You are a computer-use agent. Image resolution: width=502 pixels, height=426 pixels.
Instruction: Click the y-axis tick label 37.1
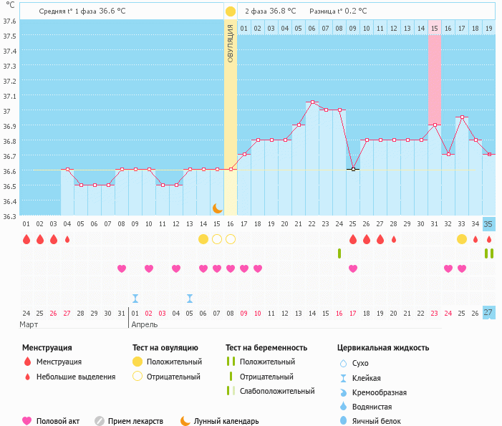tap(10, 96)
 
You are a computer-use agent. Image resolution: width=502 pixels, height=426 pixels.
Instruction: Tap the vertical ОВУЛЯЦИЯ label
tap(231, 43)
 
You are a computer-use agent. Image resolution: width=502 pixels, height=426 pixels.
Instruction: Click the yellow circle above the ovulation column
tap(231, 11)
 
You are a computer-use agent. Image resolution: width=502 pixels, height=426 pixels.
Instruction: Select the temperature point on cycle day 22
tap(312, 102)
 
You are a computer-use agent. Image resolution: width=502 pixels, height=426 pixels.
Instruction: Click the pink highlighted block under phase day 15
tap(434, 79)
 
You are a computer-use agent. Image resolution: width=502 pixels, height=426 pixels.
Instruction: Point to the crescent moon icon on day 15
tap(217, 208)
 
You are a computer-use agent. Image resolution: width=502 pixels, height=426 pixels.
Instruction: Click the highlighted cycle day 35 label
tap(488, 224)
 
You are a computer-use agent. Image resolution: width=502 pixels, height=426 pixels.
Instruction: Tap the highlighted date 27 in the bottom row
tap(488, 313)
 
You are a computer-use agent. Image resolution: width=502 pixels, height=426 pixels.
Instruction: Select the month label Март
tap(29, 324)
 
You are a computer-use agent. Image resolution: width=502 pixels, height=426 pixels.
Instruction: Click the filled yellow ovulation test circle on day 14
tap(203, 238)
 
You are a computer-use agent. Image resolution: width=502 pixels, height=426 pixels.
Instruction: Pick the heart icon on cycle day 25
tap(352, 268)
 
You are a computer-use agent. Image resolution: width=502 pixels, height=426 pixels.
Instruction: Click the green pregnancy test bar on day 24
tap(339, 253)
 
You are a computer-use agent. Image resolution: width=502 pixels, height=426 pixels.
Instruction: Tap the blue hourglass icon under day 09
tap(135, 298)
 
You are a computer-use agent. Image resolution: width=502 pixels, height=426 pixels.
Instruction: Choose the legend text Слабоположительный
tap(277, 391)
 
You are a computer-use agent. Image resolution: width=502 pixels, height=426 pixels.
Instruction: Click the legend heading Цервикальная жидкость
tap(383, 348)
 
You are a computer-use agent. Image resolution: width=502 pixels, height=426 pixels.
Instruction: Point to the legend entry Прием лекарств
tap(135, 421)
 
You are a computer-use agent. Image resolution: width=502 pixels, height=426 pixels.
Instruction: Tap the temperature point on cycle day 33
tap(461, 117)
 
